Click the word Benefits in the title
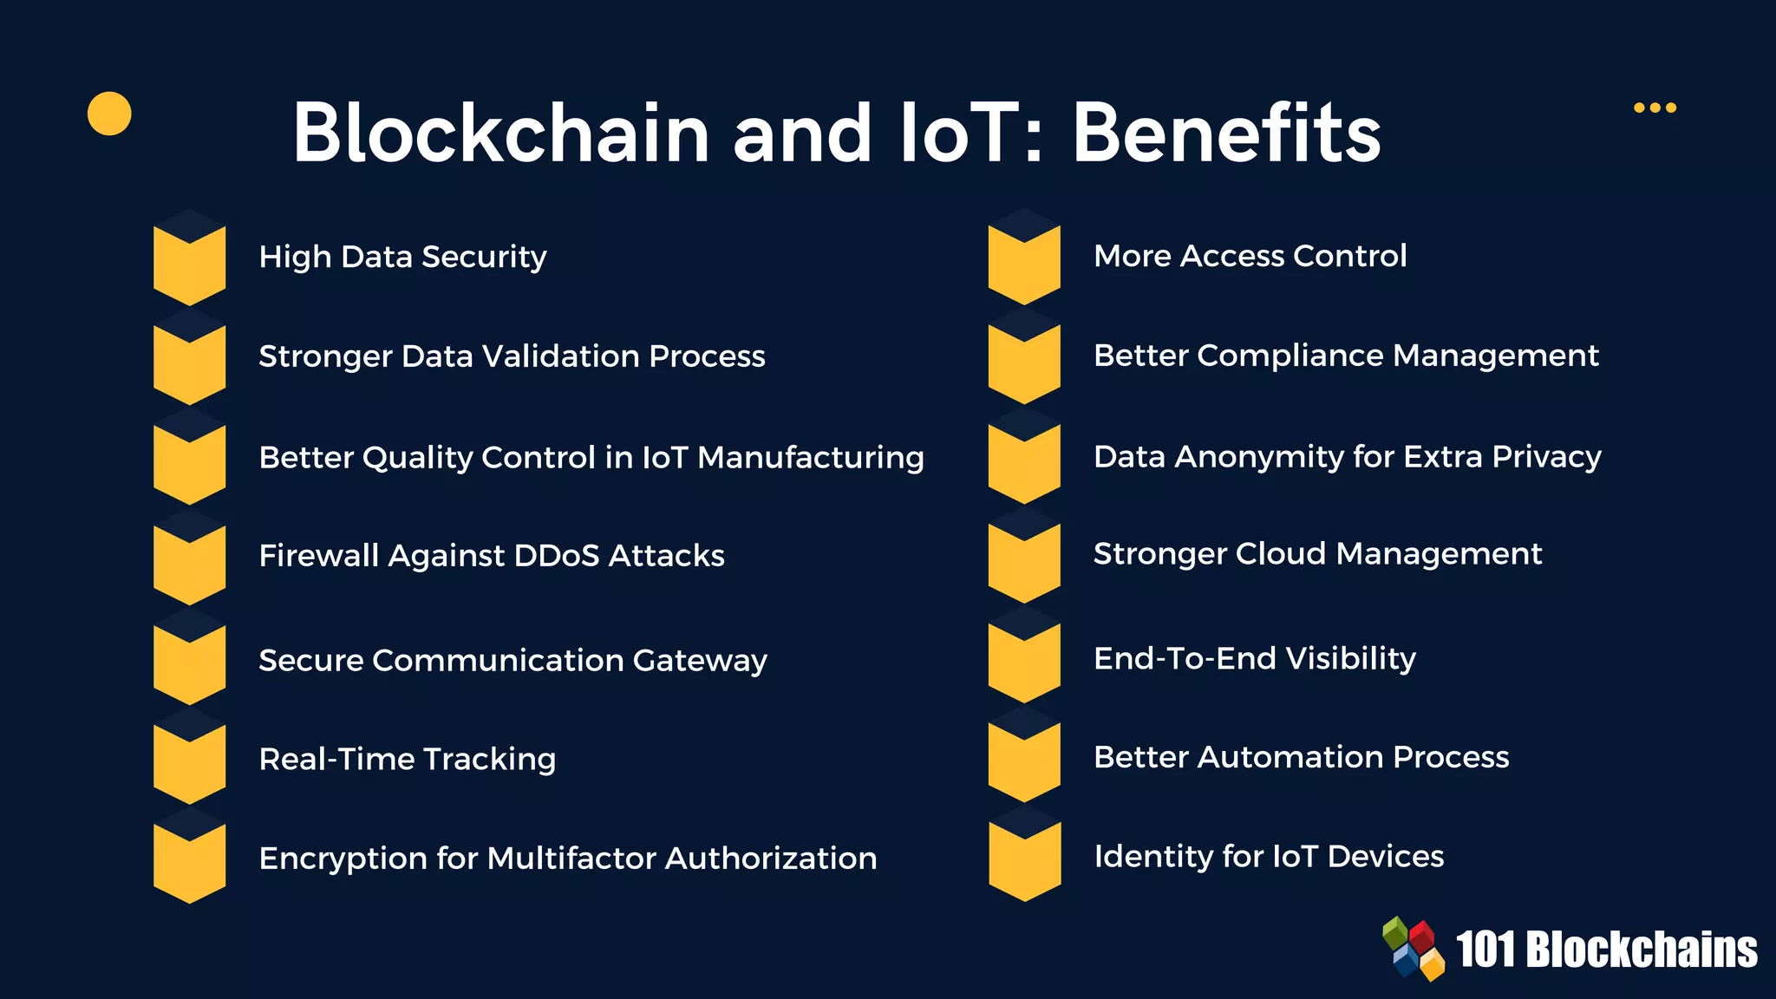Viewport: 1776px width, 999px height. (1226, 133)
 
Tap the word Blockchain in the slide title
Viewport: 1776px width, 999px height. (501, 133)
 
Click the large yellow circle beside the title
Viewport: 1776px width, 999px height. (109, 114)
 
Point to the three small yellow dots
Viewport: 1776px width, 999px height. (1655, 108)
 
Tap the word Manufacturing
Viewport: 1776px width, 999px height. (810, 457)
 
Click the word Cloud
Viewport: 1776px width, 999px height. (1283, 553)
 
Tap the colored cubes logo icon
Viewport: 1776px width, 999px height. (1414, 949)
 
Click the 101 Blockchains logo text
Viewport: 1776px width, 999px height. (1606, 950)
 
